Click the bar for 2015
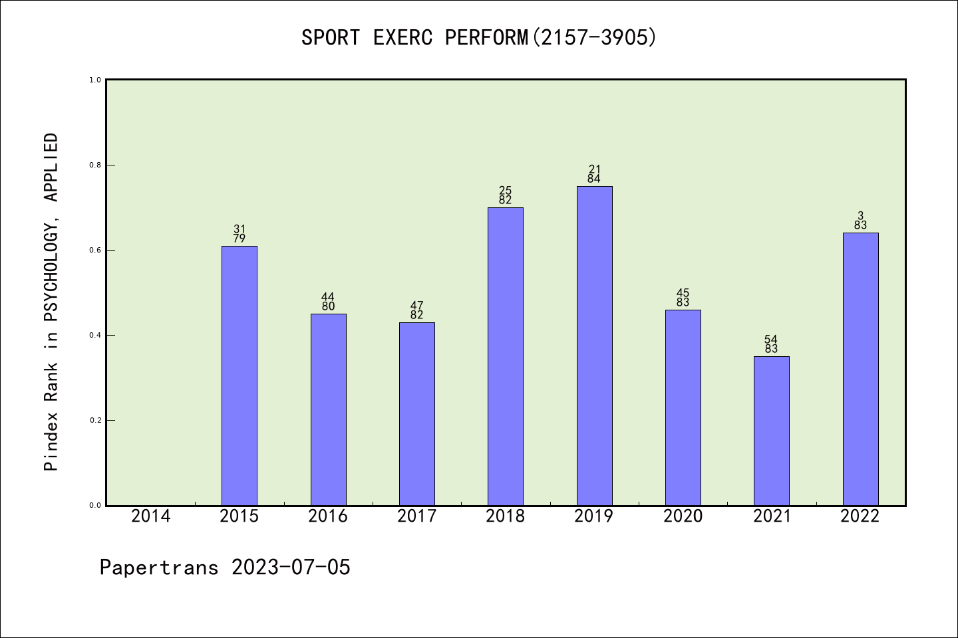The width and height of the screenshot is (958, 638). [239, 375]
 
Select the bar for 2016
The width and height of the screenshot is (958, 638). [328, 409]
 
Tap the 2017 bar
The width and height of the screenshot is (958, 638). [417, 413]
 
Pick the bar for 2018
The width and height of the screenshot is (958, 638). [506, 356]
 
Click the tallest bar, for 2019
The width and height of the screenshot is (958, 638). [594, 346]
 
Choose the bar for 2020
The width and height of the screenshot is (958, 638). [683, 407]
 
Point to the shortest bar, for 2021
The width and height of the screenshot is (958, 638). [772, 431]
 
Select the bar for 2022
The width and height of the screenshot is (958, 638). [860, 369]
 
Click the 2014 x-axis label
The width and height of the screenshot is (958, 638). [151, 516]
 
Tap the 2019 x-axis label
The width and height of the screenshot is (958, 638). [594, 516]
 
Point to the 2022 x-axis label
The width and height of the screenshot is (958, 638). [860, 516]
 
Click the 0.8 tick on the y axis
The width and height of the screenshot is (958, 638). [95, 165]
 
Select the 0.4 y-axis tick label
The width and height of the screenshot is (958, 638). [95, 335]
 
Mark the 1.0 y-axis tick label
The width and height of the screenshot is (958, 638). [95, 80]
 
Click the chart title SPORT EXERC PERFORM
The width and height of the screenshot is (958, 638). [479, 37]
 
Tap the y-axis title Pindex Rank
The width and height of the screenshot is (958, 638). [51, 302]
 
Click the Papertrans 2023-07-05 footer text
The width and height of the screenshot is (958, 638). [225, 568]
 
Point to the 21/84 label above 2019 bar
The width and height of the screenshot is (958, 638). [594, 174]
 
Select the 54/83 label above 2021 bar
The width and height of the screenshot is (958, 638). [772, 344]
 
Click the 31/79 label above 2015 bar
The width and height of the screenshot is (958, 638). [239, 234]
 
